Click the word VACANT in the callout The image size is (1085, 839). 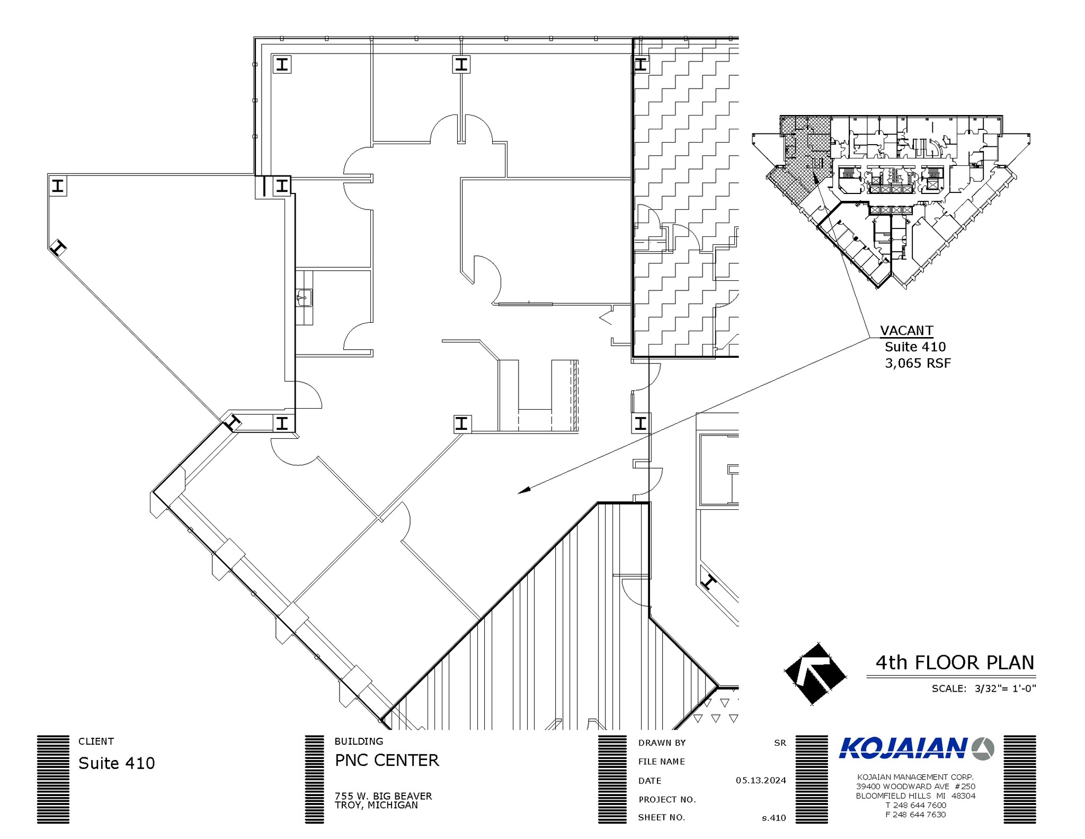pyautogui.click(x=906, y=331)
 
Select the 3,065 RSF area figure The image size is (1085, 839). pyautogui.click(x=918, y=363)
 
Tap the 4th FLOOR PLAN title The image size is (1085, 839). pyautogui.click(x=955, y=663)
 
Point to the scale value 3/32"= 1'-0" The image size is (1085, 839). pyautogui.click(x=1005, y=688)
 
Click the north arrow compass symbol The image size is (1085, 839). pyautogui.click(x=814, y=673)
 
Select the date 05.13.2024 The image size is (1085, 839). pyautogui.click(x=761, y=780)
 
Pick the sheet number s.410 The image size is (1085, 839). pyautogui.click(x=774, y=818)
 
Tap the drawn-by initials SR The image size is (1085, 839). pyautogui.click(x=780, y=743)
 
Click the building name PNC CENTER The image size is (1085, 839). pyautogui.click(x=387, y=761)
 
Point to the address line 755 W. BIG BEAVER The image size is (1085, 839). pyautogui.click(x=383, y=796)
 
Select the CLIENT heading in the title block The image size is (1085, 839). pyautogui.click(x=96, y=741)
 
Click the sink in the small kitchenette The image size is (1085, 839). pyautogui.click(x=304, y=298)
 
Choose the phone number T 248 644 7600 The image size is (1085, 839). pyautogui.click(x=915, y=805)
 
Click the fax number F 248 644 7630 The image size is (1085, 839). pyautogui.click(x=915, y=815)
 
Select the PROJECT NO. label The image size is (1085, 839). pyautogui.click(x=666, y=799)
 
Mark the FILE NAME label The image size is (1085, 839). pyautogui.click(x=662, y=762)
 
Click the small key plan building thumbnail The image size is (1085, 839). pyautogui.click(x=891, y=201)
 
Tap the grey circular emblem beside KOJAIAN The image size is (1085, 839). pyautogui.click(x=983, y=749)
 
